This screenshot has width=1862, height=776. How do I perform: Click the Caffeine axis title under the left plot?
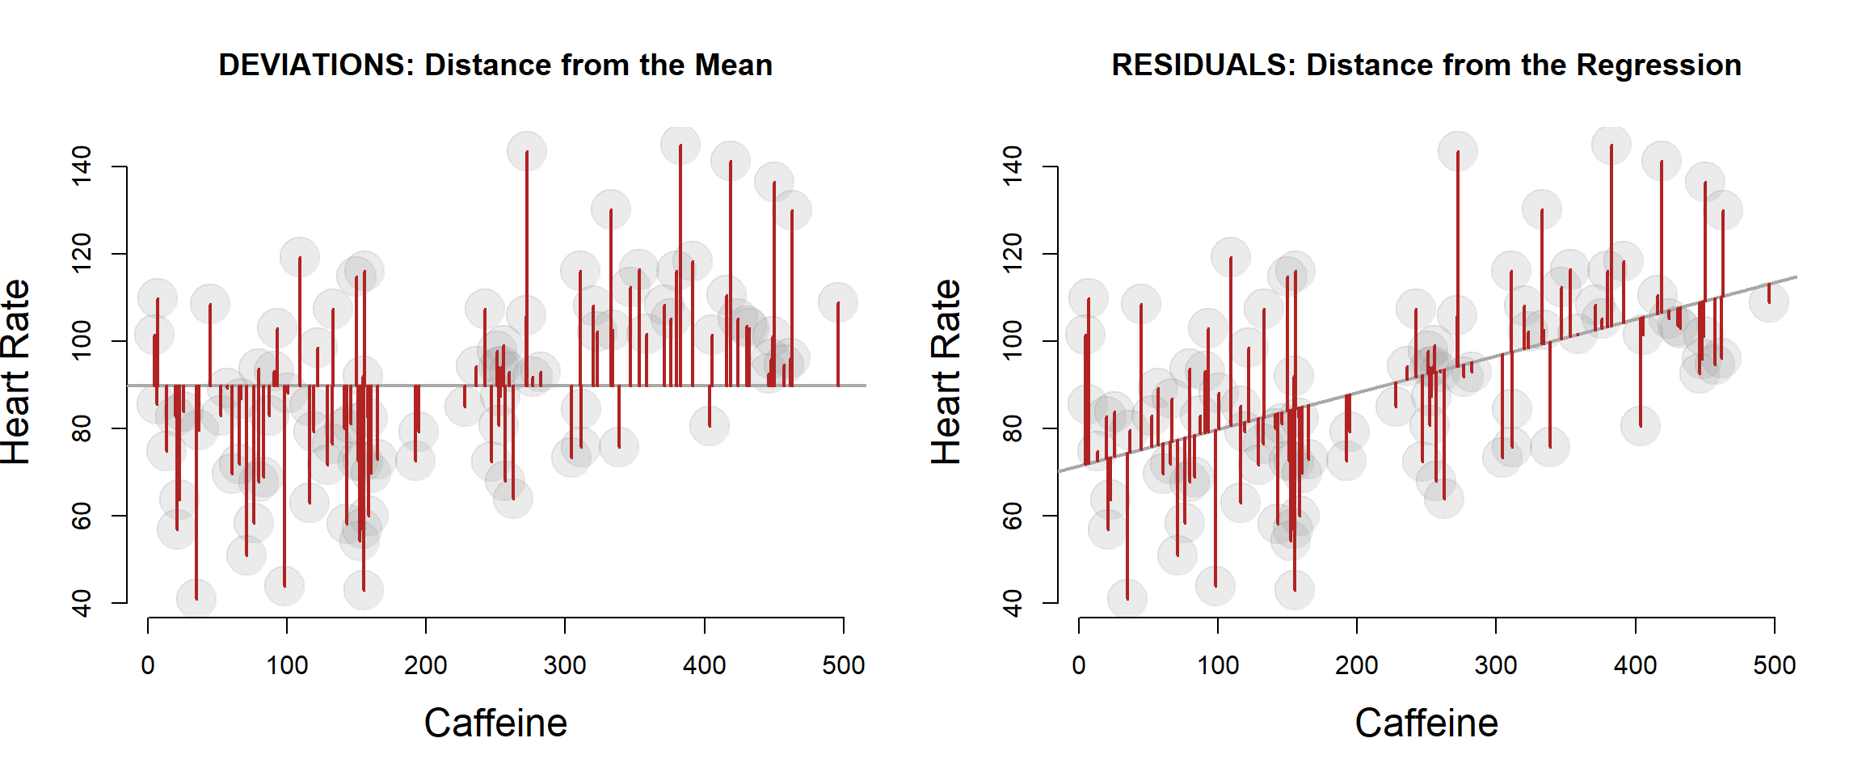pos(495,723)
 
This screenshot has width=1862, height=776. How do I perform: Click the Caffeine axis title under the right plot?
pos(1426,723)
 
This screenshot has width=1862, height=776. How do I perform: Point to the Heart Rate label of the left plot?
pos(16,372)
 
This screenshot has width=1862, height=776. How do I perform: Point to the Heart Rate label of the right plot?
pos(946,372)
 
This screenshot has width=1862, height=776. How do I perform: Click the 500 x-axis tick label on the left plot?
pos(843,665)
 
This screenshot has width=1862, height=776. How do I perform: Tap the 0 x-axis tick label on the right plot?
pos(1079,665)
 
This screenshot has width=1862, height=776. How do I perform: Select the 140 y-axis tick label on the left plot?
pos(82,166)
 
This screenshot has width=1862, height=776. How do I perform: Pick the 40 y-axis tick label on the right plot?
pos(1012,603)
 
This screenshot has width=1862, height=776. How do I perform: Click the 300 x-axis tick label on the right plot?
pos(1496,665)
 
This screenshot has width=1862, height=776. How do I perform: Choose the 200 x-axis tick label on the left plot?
pos(426,665)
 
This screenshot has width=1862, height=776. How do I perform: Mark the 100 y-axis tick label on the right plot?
pos(1012,340)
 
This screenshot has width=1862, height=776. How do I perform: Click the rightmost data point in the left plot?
pos(837,302)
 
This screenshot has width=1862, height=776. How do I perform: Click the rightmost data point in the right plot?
pos(1769,302)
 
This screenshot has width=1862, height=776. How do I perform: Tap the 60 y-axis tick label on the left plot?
pos(82,516)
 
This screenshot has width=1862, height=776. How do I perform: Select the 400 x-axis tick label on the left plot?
pos(704,665)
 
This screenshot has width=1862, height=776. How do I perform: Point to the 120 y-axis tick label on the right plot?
pos(1012,253)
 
